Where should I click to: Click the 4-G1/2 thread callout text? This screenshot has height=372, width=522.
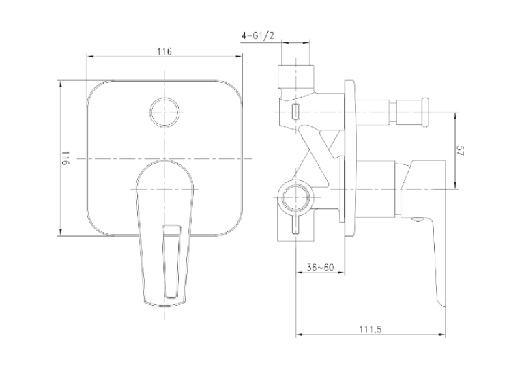258,36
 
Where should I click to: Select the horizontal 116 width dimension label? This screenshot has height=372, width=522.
164,52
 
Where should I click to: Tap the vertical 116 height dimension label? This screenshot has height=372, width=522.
66,158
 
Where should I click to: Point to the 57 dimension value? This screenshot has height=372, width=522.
460,151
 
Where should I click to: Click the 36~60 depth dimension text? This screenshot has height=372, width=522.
320,267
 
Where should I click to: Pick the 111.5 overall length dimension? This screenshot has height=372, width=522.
371,330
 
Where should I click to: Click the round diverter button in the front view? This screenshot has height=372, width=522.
165,112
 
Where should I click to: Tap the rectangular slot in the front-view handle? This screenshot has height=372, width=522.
171,261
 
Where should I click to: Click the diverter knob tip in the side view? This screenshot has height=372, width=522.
425,112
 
